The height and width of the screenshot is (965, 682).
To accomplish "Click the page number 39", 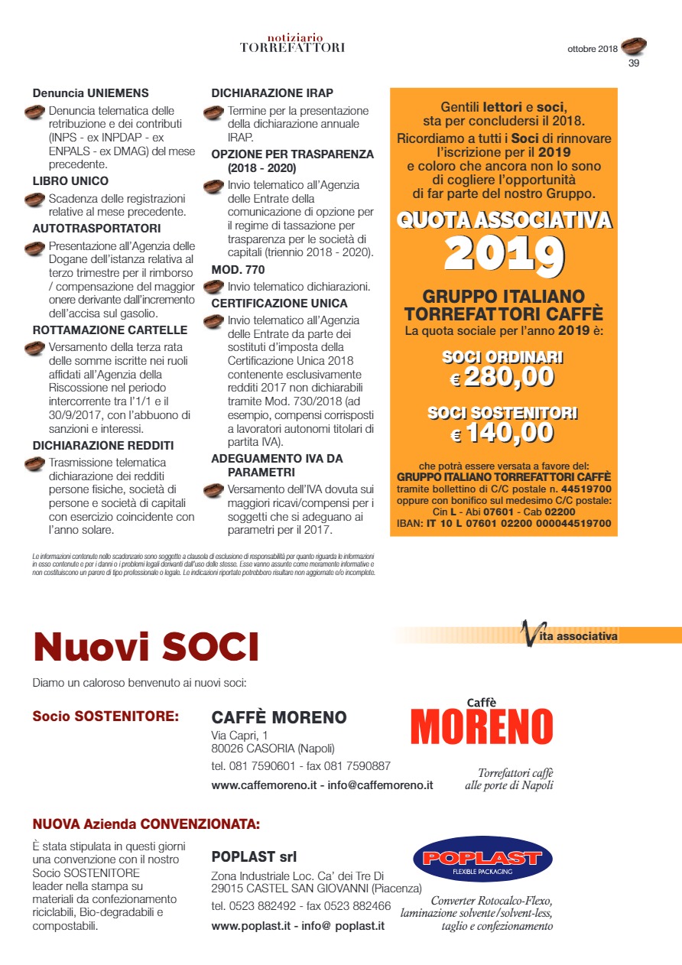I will (x=633, y=63).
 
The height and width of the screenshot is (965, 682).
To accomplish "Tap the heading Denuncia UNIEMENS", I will (x=90, y=93).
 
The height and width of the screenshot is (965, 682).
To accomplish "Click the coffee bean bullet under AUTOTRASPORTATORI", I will (x=34, y=248).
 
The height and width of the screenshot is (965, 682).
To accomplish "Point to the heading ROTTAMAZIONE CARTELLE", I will (x=109, y=330).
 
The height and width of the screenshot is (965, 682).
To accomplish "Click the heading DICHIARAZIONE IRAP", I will (x=271, y=93).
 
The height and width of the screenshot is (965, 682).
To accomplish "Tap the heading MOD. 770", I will (x=238, y=269).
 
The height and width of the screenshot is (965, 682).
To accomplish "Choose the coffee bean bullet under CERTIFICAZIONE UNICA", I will (x=213, y=322).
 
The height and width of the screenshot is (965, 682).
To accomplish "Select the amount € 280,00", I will (x=502, y=376).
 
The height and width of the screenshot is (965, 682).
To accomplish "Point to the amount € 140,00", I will (x=502, y=433).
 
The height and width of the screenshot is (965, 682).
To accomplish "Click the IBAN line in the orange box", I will (x=503, y=524).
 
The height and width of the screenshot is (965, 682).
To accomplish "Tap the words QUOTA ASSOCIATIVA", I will (x=504, y=220).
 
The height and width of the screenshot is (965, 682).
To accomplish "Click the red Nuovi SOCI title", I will (x=146, y=647).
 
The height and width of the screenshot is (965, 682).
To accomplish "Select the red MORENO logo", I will (x=482, y=726).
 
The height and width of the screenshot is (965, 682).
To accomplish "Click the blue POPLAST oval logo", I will (x=482, y=859).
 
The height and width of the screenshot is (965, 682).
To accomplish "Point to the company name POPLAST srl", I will (x=254, y=856).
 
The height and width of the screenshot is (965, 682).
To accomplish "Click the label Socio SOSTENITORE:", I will (x=106, y=717).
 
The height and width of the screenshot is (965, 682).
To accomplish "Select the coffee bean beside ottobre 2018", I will (x=634, y=47).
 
